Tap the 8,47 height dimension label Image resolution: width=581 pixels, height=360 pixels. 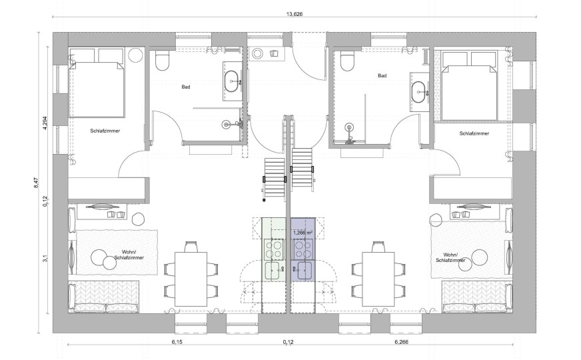click(x=36, y=183)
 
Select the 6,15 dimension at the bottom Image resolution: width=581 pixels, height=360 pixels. click(x=177, y=342)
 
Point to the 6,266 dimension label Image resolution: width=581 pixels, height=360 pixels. click(x=401, y=342)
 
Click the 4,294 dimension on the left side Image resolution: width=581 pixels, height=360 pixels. click(x=45, y=123)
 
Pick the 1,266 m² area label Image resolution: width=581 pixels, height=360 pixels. click(x=302, y=233)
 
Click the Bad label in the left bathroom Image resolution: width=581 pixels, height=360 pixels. click(x=186, y=87)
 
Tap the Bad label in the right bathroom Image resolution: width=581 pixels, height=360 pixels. click(x=382, y=75)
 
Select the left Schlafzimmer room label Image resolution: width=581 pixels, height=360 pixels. click(x=105, y=131)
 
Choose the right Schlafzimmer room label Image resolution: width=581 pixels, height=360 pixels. click(x=474, y=133)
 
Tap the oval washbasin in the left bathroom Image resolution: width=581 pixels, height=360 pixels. click(x=232, y=80)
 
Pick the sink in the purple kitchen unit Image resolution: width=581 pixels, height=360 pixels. click(x=302, y=270)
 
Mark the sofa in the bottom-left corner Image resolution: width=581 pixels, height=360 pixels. click(x=104, y=296)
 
